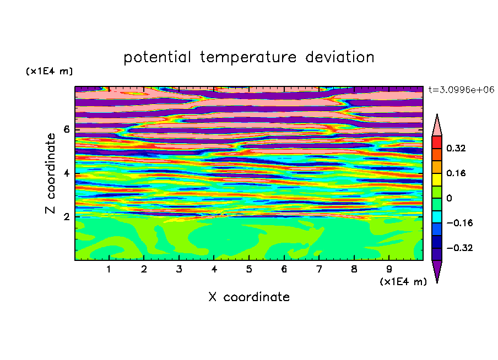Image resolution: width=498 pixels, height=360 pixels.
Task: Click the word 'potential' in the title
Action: (157, 57)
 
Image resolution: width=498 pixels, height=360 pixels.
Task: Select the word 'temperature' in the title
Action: (248, 57)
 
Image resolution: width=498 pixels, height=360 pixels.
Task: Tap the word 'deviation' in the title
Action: (339, 57)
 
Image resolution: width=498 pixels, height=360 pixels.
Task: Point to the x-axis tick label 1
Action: (109, 269)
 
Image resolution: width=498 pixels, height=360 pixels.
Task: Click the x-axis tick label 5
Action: (249, 269)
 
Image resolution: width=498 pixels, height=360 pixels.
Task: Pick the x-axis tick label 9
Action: (389, 269)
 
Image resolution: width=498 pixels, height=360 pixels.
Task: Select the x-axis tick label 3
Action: (179, 269)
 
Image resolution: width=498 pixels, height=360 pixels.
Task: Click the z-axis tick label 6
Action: (66, 129)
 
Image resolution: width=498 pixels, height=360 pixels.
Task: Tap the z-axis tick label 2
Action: (66, 217)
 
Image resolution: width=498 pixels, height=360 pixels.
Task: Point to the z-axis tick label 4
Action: (66, 173)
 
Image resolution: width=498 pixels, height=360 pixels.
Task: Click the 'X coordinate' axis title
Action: (249, 297)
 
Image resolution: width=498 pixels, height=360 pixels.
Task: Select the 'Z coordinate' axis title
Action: (50, 173)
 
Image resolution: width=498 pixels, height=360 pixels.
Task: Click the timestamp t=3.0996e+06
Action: (461, 90)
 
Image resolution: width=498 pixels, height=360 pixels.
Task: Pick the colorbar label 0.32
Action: (456, 148)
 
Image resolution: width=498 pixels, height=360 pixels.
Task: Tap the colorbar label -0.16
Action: (459, 223)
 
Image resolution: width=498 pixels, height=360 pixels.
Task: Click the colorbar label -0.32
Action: (459, 248)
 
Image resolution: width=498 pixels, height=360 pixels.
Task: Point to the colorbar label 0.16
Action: (456, 173)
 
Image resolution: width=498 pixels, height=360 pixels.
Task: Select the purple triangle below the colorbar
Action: (437, 269)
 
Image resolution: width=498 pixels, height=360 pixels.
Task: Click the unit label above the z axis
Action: (49, 71)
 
